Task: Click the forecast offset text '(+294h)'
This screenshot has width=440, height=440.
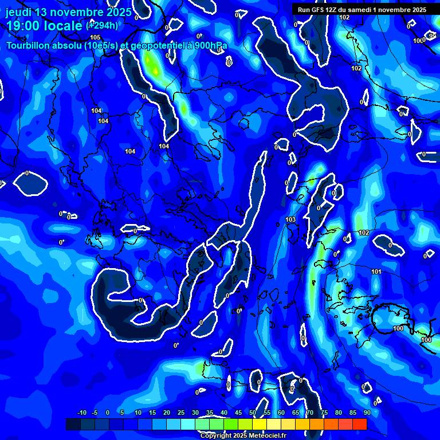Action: pyautogui.click(x=102, y=25)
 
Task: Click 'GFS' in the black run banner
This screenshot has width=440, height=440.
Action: pyautogui.click(x=320, y=10)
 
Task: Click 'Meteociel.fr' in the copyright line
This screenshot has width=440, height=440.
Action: pyautogui.click(x=267, y=436)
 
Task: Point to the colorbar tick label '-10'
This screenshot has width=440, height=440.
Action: pyautogui.click(x=81, y=412)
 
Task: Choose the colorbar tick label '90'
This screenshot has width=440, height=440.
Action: pyautogui.click(x=367, y=412)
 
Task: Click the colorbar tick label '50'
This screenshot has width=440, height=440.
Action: pyautogui.click(x=253, y=412)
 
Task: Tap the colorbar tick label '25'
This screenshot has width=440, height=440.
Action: pyautogui.click(x=181, y=412)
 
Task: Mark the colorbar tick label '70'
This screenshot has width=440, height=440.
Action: pyautogui.click(x=310, y=412)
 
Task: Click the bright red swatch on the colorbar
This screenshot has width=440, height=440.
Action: pyautogui.click(x=360, y=424)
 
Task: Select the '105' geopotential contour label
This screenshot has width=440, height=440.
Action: pyautogui.click(x=95, y=37)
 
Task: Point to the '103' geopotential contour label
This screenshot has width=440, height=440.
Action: pyautogui.click(x=290, y=219)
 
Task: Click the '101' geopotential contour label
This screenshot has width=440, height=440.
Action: pyautogui.click(x=376, y=272)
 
